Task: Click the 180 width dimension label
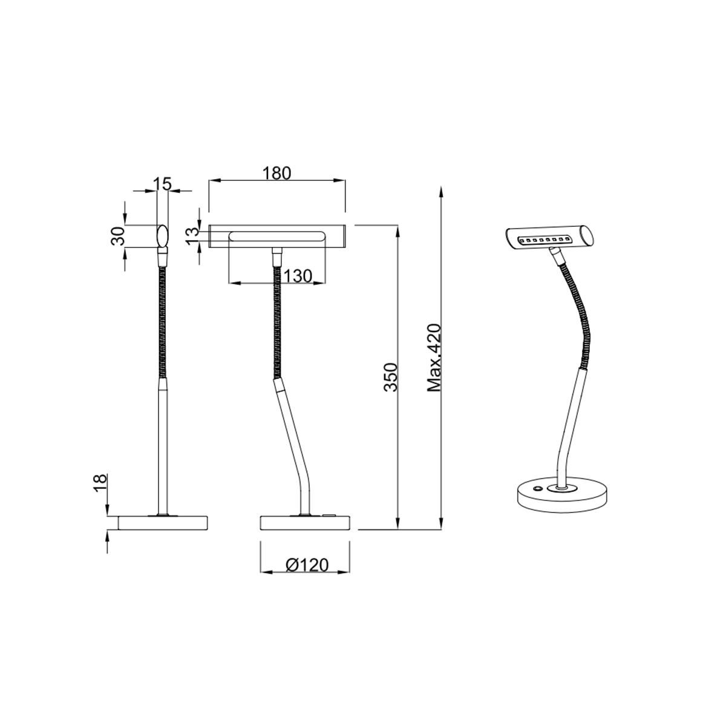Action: [x=277, y=173]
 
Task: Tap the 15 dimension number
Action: [x=162, y=184]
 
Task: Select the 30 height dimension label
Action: [x=118, y=236]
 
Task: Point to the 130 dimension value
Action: [x=298, y=276]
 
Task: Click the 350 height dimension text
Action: [x=391, y=377]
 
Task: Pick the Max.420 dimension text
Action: [x=434, y=358]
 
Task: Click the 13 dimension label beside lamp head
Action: [x=192, y=236]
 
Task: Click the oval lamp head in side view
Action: [x=162, y=235]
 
